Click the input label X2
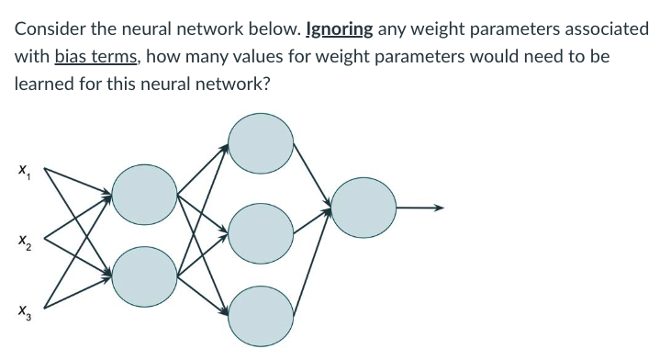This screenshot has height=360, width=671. (20, 242)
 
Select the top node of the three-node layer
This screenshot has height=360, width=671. (261, 142)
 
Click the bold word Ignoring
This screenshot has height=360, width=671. (340, 28)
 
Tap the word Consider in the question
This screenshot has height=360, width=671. (47, 28)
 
